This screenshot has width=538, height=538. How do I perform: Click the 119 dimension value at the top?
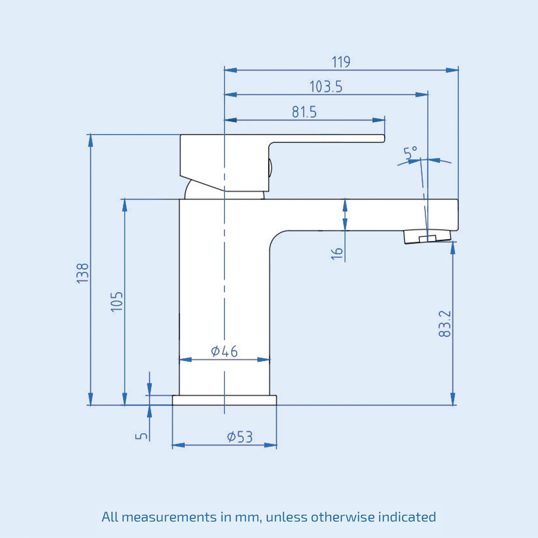point(341,62)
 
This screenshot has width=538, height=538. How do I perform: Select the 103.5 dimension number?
point(326,87)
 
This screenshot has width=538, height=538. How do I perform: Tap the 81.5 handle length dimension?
point(304,112)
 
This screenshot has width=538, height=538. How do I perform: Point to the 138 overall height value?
point(83,273)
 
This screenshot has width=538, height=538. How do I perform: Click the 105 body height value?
point(117,302)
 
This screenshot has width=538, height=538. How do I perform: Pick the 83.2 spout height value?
point(445,323)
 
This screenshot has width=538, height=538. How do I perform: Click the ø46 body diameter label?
point(224,351)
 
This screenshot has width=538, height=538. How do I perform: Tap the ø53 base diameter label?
point(239,437)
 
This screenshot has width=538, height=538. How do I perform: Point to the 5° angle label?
point(410,153)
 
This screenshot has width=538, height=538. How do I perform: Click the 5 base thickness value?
point(142,436)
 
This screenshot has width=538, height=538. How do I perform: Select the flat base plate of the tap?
point(224,400)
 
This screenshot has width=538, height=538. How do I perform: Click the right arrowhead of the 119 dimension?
point(452,70)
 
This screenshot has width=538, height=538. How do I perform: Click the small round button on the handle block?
point(270,168)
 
